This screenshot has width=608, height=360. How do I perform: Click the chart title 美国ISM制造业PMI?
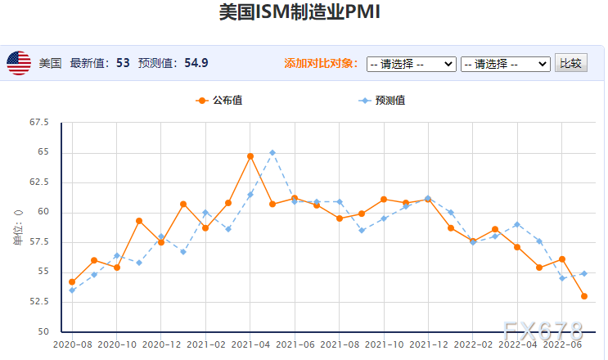click(x=300, y=14)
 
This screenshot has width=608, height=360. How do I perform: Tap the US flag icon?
click(x=19, y=63)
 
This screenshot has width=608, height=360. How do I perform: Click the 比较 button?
click(x=571, y=63)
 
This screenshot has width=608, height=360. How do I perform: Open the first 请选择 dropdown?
click(x=411, y=64)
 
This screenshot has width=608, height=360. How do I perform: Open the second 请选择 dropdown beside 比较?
click(x=505, y=64)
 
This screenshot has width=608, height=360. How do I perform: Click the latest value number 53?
click(x=123, y=63)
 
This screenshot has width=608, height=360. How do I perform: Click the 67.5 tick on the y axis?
click(x=38, y=123)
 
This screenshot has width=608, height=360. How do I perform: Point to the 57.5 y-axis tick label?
click(x=38, y=242)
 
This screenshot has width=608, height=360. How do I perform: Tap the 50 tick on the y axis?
click(x=43, y=331)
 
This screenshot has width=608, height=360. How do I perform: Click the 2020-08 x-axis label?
click(x=72, y=345)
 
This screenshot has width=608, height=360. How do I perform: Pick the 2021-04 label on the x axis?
click(x=250, y=345)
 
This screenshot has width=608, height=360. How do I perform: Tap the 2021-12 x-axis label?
click(x=428, y=345)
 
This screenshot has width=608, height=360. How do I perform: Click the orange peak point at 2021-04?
click(x=250, y=156)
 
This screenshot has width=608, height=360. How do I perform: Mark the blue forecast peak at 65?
click(x=272, y=152)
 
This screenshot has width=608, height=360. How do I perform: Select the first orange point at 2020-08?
click(x=72, y=281)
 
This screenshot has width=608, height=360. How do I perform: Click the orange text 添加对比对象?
click(x=321, y=63)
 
